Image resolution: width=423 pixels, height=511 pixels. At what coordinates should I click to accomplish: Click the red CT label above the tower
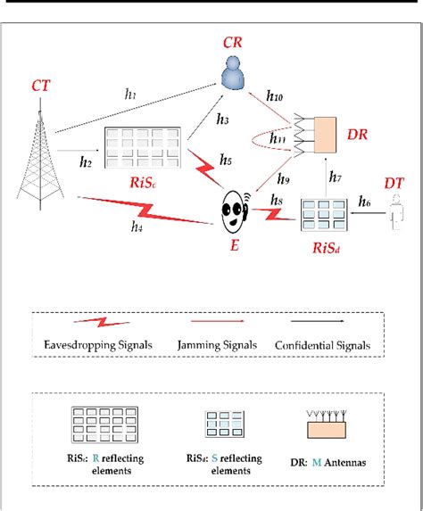pyautogui.click(x=40, y=87)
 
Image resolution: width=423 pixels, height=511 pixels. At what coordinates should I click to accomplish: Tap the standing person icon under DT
pyautogui.click(x=399, y=219)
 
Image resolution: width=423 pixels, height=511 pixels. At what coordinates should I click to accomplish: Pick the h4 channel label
pyautogui.click(x=136, y=227)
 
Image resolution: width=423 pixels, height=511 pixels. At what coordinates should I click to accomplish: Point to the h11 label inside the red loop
pyautogui.click(x=279, y=140)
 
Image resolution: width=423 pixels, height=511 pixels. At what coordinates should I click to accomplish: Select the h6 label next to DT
pyautogui.click(x=365, y=203)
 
